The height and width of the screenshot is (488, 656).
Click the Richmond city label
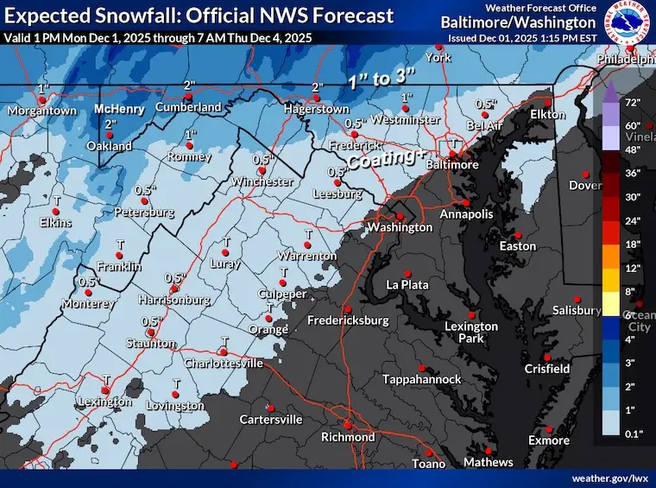click(348, 437)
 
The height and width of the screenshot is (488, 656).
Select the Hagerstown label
click(319, 110)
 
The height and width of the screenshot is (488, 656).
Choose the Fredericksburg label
click(348, 321)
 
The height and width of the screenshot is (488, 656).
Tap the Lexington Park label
click(471, 332)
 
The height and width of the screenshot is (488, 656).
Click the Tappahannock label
click(421, 380)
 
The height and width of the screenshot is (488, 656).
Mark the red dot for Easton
click(518, 234)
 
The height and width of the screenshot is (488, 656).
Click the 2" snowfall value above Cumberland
click(187, 84)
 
